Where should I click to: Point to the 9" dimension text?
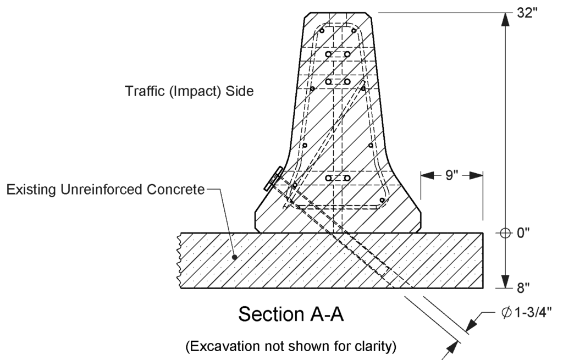point(452,176)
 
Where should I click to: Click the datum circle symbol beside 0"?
point(505,232)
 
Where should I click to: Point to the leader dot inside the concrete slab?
point(234,256)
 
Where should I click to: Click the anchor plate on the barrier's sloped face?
point(273,179)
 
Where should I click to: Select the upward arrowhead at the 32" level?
point(505,18)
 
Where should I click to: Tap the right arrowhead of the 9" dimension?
point(478,176)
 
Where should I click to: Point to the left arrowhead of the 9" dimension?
point(427,176)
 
